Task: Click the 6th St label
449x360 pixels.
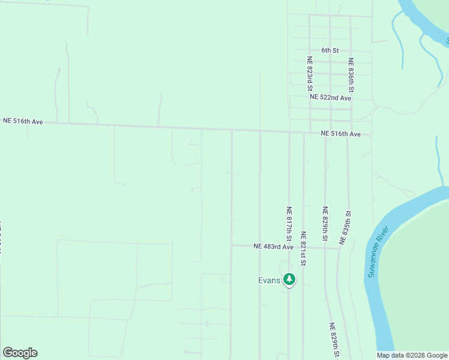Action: tap(330, 50)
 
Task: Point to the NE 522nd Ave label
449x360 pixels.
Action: tap(330, 97)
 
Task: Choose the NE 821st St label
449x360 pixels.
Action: tap(303, 248)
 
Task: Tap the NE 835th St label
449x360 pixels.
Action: tap(345, 227)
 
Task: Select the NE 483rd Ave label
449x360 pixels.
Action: tap(273, 247)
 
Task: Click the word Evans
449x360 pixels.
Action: tap(270, 280)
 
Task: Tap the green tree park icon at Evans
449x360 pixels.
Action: tap(289, 279)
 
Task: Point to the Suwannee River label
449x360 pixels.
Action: tap(377, 251)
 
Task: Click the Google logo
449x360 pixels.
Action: tap(20, 353)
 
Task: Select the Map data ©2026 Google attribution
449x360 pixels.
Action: tap(412, 355)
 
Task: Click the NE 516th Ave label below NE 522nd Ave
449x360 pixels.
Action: tap(340, 134)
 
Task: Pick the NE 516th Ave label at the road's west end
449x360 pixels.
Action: tap(23, 121)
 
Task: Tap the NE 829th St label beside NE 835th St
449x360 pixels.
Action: tap(325, 224)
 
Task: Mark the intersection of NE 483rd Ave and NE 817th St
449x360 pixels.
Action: tap(289, 247)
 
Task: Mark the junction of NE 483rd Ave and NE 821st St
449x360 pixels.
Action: tap(303, 247)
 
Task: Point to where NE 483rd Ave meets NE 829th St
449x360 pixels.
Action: tap(325, 248)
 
